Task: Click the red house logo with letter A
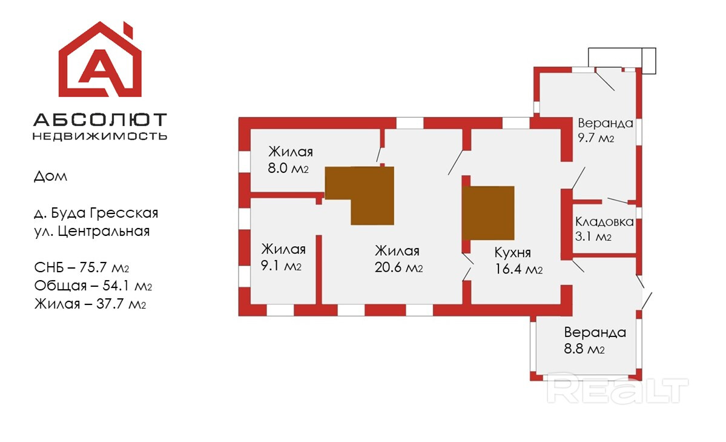click(x=99, y=60)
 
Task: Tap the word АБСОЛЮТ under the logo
click(x=100, y=120)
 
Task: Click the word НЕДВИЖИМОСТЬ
click(x=100, y=136)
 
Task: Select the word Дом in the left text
click(x=50, y=176)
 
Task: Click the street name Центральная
click(x=104, y=232)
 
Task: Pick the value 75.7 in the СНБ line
click(x=93, y=267)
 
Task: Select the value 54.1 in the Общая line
click(x=117, y=286)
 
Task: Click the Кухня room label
click(x=512, y=253)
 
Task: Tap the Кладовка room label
click(x=604, y=221)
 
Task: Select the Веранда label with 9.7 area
click(x=606, y=123)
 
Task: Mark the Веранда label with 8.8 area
click(x=595, y=332)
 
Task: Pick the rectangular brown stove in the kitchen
click(x=489, y=213)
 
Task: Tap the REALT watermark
click(x=617, y=390)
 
